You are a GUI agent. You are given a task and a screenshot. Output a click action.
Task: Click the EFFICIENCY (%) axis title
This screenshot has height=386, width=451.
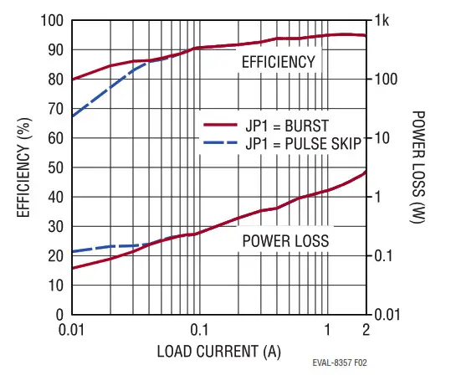[x=25, y=167]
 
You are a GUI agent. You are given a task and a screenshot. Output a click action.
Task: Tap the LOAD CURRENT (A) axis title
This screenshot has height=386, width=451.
[x=219, y=351]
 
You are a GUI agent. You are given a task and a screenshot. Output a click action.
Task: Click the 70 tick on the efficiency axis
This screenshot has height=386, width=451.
[x=56, y=109]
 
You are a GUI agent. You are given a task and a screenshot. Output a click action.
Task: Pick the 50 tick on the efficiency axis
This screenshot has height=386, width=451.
[x=56, y=167]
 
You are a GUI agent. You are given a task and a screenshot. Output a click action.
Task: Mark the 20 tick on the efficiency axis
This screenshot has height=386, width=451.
[x=56, y=256]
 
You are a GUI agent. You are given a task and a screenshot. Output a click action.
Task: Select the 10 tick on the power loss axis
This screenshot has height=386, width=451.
[x=383, y=138]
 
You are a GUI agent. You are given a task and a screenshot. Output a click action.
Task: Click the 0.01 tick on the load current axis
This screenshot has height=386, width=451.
[x=73, y=329]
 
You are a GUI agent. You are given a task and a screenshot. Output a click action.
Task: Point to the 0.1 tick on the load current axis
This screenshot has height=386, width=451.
[x=199, y=329]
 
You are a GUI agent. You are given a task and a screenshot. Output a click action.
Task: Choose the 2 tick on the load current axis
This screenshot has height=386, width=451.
[x=366, y=329]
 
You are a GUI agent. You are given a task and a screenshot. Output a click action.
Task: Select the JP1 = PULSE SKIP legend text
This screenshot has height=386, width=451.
[x=303, y=143]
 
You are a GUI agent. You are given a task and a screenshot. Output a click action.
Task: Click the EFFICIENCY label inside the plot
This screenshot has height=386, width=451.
[x=278, y=62]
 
